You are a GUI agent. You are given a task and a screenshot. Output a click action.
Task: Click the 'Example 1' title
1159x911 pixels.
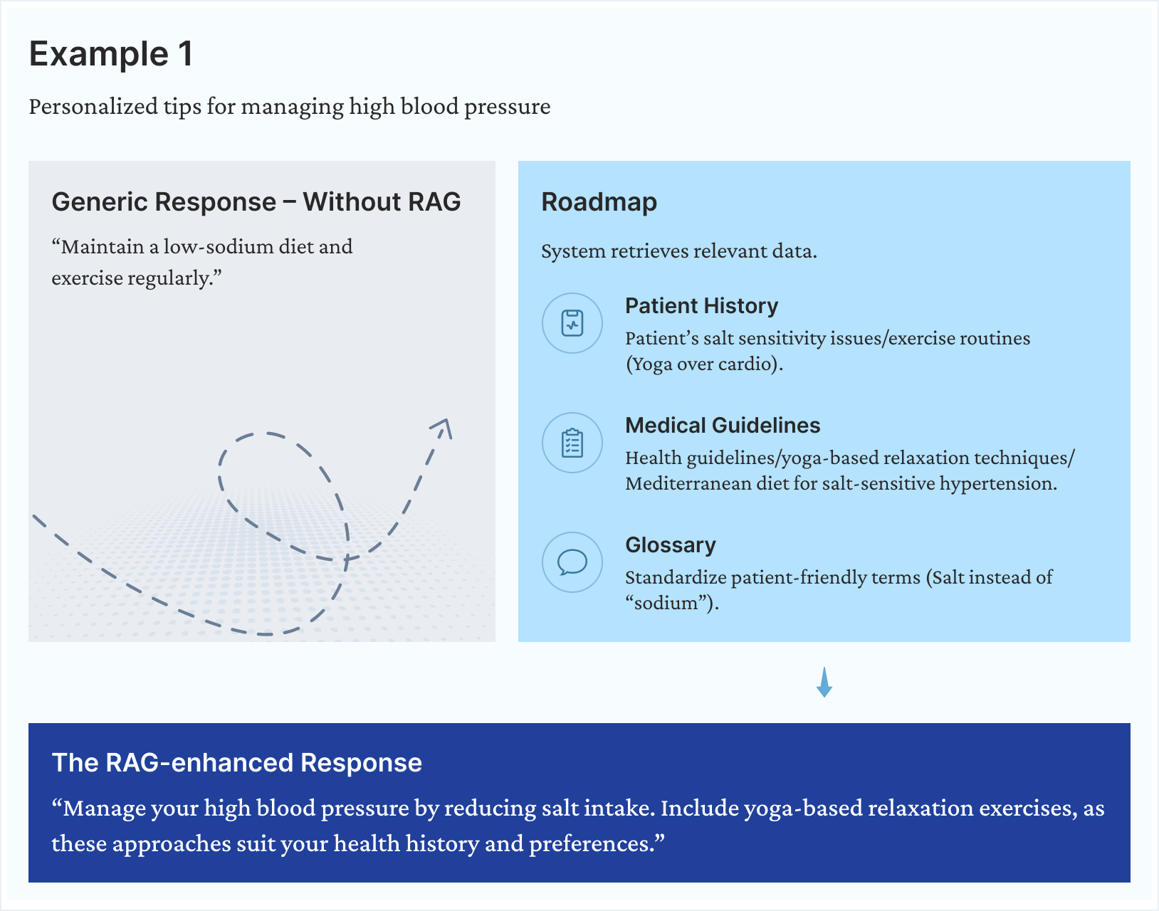pos(111,54)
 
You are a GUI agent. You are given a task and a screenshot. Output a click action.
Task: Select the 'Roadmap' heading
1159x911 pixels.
pos(599,202)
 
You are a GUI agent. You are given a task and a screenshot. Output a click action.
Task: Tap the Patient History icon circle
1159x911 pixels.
pos(572,323)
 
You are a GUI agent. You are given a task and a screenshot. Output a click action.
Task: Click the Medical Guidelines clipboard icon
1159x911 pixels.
pos(572,443)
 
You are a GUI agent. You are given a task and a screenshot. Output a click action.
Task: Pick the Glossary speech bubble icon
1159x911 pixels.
pos(572,562)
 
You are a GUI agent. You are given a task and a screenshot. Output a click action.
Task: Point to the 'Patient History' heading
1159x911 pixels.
pos(701,306)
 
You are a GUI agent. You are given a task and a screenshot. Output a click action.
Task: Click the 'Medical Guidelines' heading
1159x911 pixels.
pos(723,426)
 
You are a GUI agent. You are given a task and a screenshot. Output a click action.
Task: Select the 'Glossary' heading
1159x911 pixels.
pos(670,545)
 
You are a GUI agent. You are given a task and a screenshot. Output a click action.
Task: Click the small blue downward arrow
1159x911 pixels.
pos(824,683)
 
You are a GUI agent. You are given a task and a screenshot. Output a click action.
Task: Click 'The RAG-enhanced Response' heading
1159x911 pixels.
pos(237,763)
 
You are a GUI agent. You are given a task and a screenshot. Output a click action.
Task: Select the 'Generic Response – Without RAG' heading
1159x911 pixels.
pos(256,202)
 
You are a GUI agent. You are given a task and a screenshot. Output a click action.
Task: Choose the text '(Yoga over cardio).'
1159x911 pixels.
pos(704,364)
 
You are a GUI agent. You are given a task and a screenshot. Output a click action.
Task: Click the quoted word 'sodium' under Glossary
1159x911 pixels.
pos(666,604)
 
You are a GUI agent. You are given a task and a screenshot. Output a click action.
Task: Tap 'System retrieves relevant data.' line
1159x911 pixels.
pos(678,251)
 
